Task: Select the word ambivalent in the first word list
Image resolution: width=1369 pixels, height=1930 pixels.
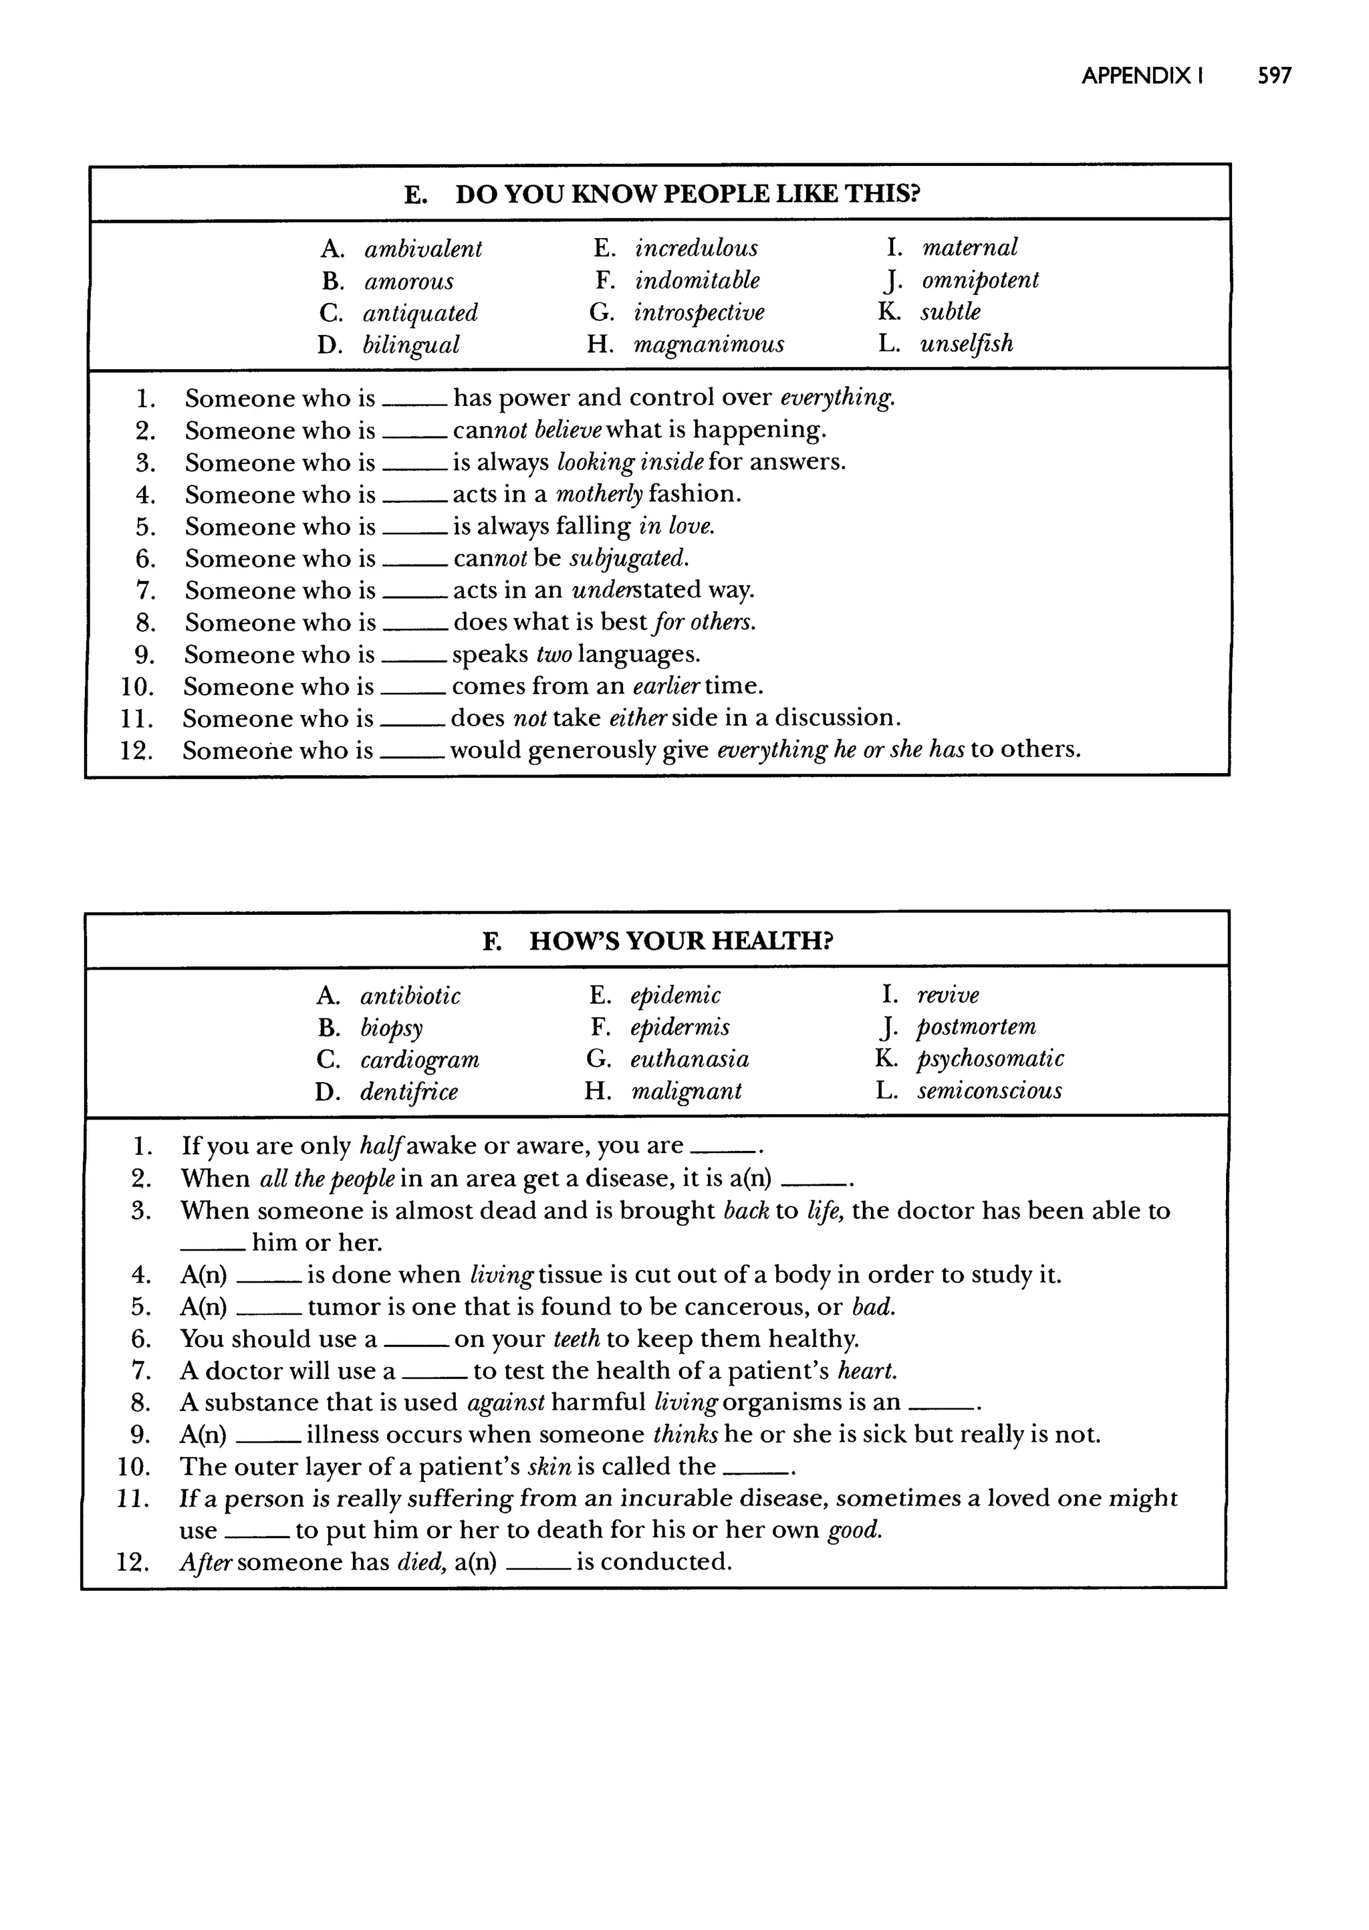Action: (x=423, y=249)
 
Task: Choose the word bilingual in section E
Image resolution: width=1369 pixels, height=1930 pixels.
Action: (x=410, y=345)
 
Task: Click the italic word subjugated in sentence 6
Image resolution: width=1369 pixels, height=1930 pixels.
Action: (x=629, y=558)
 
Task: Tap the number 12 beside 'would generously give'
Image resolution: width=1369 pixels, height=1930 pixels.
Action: (x=136, y=750)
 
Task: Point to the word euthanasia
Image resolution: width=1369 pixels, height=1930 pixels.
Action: (x=690, y=1059)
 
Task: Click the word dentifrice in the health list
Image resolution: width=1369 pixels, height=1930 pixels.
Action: (x=409, y=1092)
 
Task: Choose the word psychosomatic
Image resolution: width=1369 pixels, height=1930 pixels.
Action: (x=990, y=1059)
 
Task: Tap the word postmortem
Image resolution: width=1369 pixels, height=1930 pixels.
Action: (x=976, y=1027)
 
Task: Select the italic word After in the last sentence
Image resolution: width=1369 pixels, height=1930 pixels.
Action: (x=206, y=1562)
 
